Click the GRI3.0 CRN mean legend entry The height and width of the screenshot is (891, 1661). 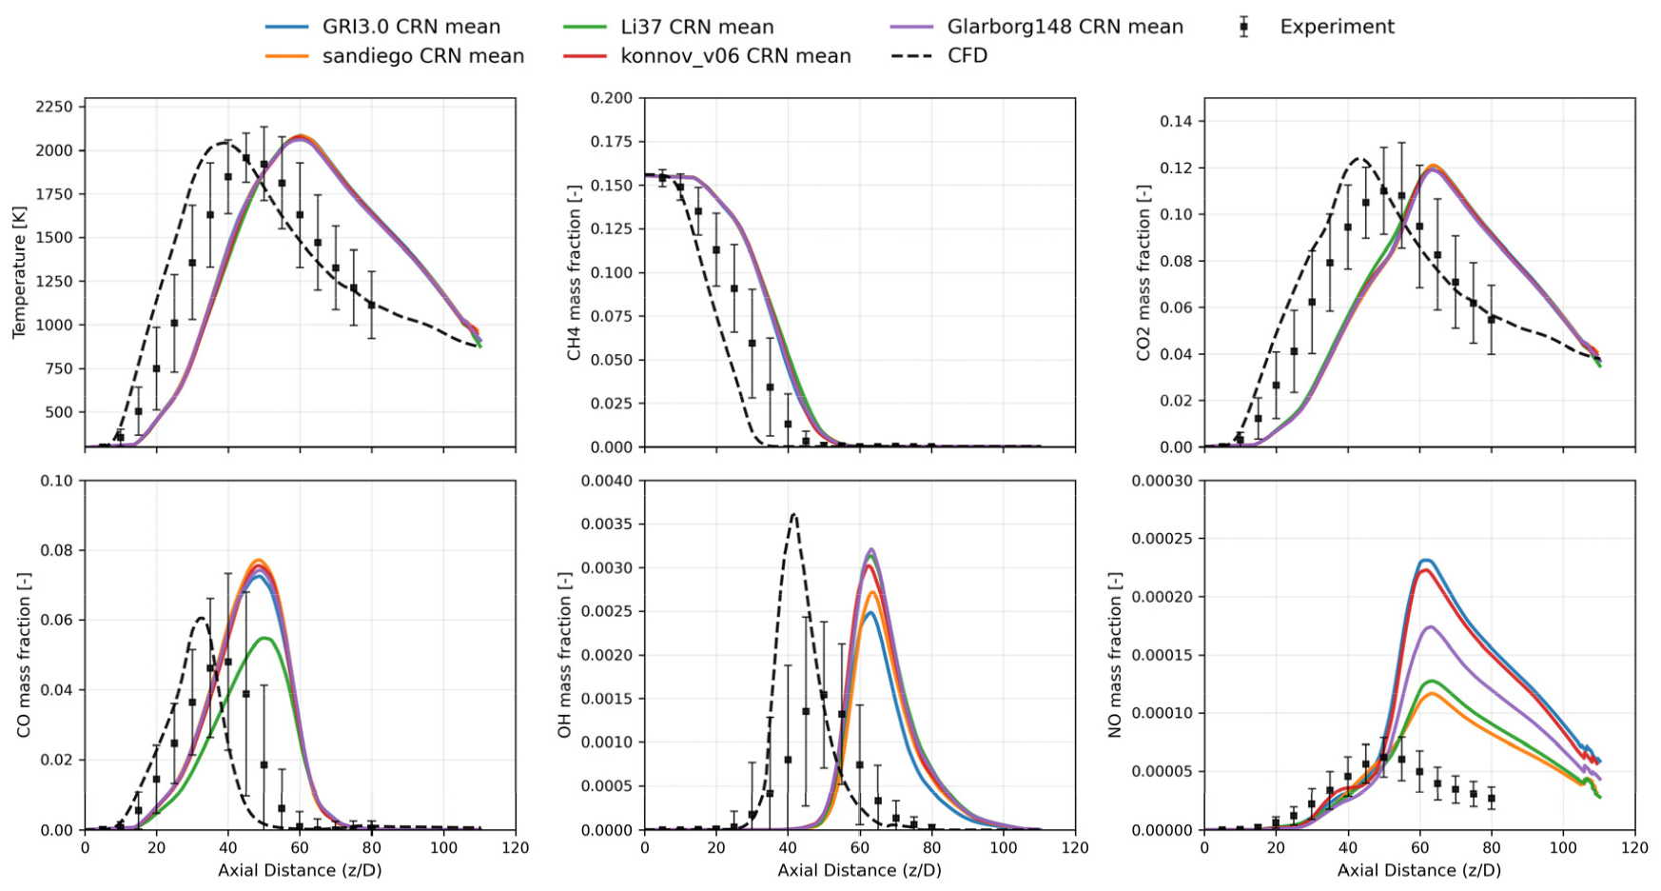[382, 27]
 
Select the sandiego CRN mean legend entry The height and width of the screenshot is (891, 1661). [395, 56]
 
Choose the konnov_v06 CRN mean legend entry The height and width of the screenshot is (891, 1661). [707, 56]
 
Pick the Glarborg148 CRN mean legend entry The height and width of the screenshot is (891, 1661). [1037, 27]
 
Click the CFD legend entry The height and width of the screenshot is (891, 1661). [939, 56]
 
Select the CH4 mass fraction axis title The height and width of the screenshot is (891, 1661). [575, 272]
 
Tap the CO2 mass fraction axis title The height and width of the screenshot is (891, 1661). [1143, 272]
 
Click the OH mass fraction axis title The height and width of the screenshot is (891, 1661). [565, 655]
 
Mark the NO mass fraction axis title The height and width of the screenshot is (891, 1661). [1115, 655]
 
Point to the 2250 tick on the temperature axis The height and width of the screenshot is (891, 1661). [55, 107]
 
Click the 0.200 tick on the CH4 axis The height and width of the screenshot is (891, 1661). [611, 98]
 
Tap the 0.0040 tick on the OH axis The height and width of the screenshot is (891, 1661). [607, 481]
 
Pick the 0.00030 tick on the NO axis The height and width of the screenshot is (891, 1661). [1162, 481]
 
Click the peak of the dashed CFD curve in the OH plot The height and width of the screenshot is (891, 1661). [793, 514]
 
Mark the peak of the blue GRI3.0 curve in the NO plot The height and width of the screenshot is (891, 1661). [1424, 560]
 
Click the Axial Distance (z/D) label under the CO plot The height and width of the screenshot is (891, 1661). [300, 870]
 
